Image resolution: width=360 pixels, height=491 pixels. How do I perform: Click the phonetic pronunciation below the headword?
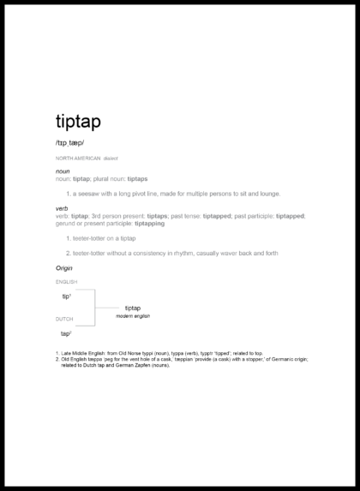[70, 142]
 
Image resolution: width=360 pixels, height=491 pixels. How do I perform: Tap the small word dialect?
[111, 159]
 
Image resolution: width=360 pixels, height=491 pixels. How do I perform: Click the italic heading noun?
[63, 171]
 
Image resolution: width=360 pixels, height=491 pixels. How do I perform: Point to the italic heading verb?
[62, 208]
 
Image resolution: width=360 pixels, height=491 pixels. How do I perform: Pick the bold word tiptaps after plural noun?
[138, 178]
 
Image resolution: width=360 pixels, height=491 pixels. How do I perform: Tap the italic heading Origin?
[64, 268]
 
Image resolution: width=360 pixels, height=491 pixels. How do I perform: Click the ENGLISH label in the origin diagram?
[66, 282]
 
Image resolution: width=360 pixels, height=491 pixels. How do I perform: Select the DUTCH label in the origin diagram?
[64, 319]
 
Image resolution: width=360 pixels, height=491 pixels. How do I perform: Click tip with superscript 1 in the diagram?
[66, 296]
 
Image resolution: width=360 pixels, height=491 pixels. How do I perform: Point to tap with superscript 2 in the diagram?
[66, 332]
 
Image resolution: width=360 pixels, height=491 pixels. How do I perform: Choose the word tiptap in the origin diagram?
[133, 308]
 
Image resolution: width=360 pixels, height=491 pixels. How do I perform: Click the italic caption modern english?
[133, 316]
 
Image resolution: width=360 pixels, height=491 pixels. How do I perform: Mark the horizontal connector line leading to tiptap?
[107, 308]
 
